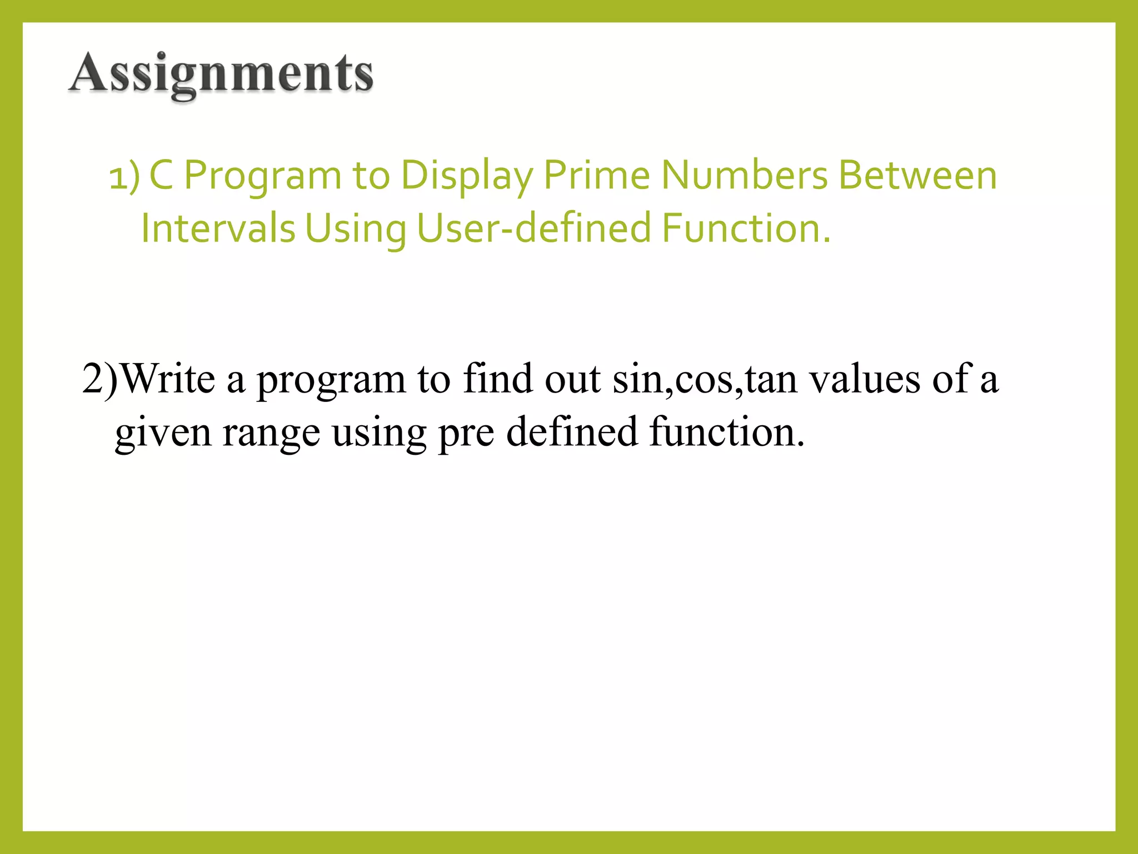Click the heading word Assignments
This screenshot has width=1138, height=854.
click(x=221, y=73)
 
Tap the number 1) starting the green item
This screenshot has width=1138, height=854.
click(x=124, y=177)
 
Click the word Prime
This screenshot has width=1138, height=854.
click(x=596, y=176)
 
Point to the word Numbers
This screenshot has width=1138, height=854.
click(x=744, y=176)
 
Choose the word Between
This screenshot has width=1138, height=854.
click(x=917, y=176)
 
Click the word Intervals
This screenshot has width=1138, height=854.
click(x=218, y=228)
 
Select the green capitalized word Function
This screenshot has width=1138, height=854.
click(x=746, y=228)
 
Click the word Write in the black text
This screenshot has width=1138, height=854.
click(x=168, y=379)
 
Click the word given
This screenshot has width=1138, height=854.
click(x=163, y=433)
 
